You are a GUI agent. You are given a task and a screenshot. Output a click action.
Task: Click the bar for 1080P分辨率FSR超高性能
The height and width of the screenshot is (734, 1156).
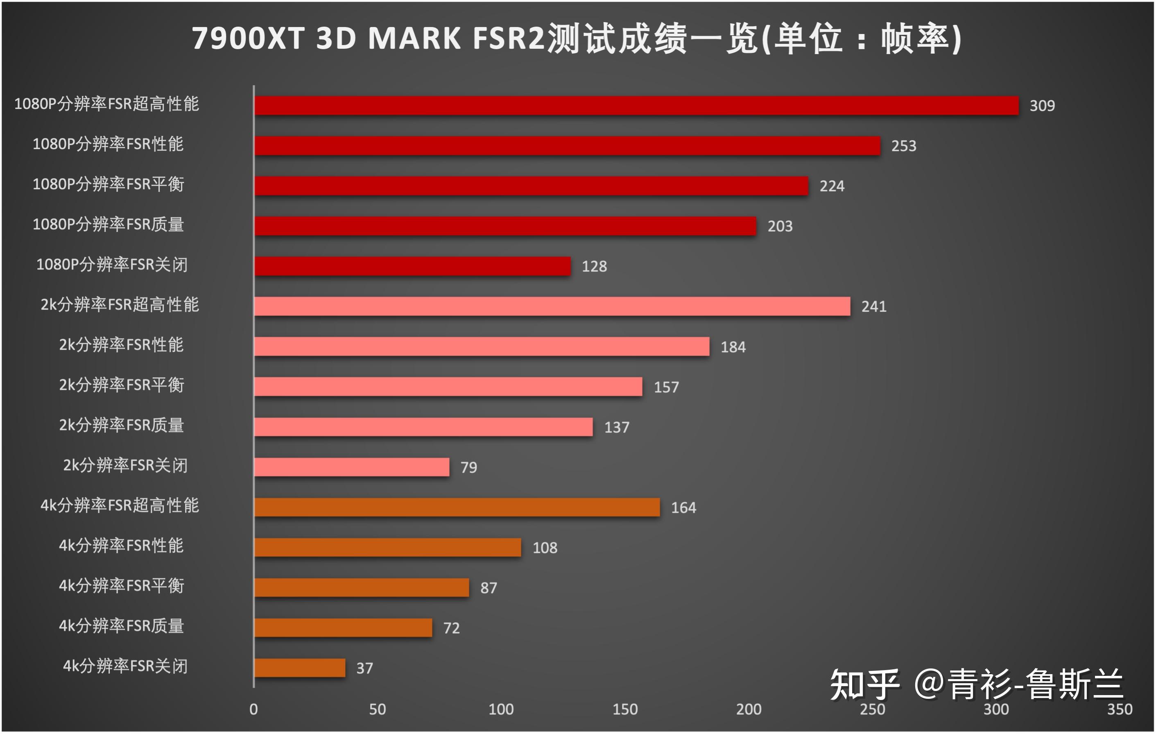tap(636, 106)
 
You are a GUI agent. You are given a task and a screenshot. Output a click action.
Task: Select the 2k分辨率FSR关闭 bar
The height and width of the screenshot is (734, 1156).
tap(352, 467)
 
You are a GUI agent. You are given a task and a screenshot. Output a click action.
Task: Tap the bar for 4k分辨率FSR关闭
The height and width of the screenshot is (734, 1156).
tap(300, 668)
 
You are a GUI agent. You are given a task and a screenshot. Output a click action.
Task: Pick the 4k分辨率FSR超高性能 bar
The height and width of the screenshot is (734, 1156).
tap(457, 507)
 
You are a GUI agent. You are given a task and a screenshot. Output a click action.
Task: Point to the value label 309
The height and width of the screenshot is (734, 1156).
tap(1042, 106)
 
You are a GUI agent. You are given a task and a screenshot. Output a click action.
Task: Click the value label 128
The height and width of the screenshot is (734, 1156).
tap(594, 266)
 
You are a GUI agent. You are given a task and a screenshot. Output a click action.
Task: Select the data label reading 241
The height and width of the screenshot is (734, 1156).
tap(874, 307)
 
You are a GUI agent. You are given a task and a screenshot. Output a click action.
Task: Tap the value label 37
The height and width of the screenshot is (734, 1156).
tap(364, 668)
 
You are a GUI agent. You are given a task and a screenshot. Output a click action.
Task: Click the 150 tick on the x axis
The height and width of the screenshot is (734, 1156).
tap(625, 709)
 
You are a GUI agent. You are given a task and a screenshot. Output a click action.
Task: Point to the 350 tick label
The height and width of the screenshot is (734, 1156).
tap(1120, 709)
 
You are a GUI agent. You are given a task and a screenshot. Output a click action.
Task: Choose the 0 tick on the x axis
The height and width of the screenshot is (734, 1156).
tap(253, 709)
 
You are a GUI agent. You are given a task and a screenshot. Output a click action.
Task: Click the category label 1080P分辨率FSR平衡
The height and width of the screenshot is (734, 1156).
tap(108, 184)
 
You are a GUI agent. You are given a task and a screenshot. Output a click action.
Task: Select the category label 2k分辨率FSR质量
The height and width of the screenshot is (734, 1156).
tap(122, 425)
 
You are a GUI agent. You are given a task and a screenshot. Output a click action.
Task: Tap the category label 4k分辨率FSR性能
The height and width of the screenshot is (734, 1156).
tap(122, 546)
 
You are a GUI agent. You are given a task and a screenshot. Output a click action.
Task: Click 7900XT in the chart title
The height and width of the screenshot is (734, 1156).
tap(248, 39)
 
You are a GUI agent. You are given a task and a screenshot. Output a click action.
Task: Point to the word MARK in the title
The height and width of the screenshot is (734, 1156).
tap(414, 39)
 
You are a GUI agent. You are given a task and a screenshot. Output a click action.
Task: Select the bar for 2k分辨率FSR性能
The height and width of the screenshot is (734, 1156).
tap(482, 347)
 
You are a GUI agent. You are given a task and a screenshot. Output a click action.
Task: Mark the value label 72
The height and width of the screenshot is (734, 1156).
tap(451, 628)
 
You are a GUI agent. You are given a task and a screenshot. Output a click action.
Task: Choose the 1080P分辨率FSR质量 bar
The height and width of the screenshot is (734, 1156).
tap(505, 226)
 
